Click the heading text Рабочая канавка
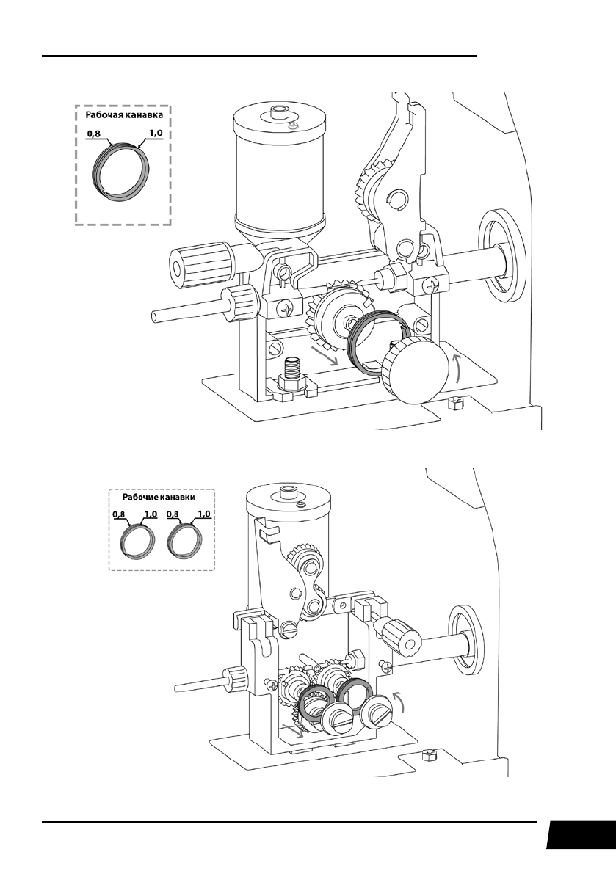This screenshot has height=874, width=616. [123, 114]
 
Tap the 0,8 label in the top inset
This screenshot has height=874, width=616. [94, 134]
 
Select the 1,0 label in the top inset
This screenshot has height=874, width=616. [155, 134]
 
